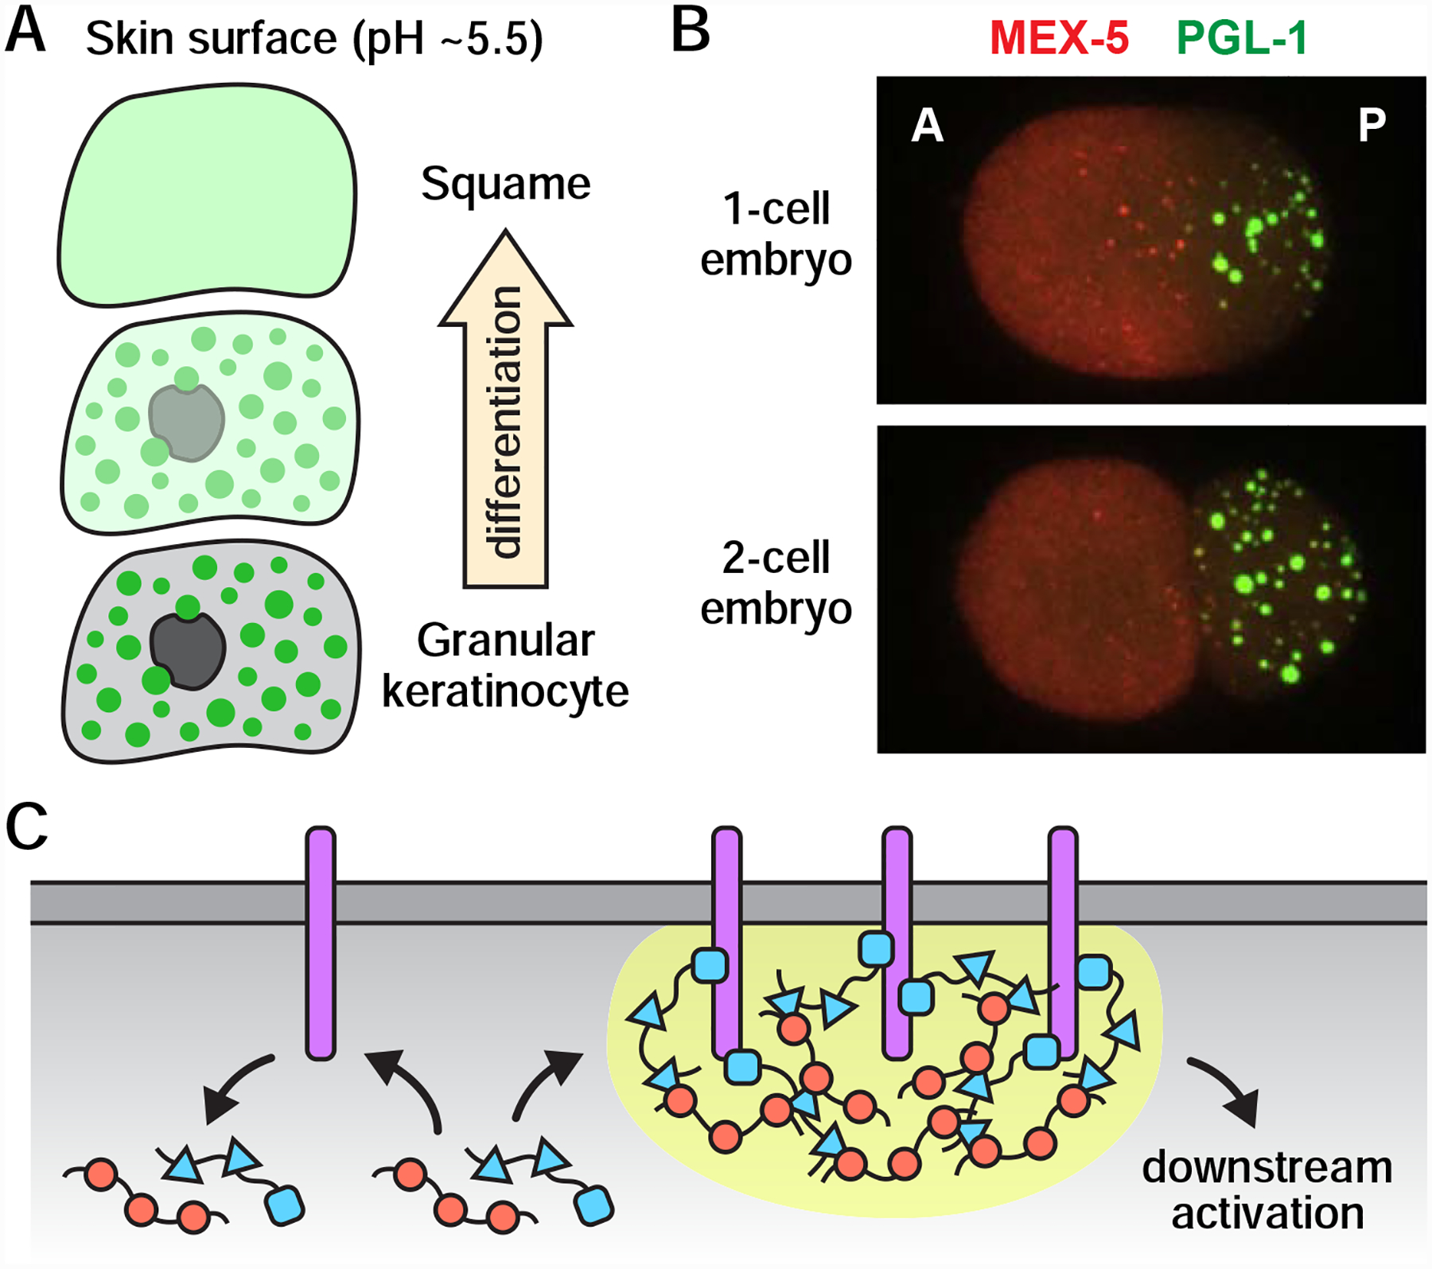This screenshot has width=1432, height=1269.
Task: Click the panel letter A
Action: (x=25, y=32)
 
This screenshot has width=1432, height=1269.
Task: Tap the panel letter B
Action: (x=691, y=32)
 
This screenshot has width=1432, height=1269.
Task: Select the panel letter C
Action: (x=27, y=827)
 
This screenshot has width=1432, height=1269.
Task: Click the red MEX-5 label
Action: (x=1059, y=37)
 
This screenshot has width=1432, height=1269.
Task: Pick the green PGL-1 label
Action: (x=1241, y=37)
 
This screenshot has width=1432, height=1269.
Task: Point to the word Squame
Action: (x=505, y=184)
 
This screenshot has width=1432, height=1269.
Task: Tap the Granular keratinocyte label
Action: (x=505, y=665)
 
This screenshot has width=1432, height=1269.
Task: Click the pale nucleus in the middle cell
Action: (x=186, y=422)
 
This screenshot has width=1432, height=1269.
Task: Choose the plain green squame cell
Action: (x=207, y=195)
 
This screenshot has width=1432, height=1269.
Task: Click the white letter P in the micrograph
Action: (x=1372, y=125)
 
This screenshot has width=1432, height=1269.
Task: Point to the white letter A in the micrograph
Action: (x=927, y=126)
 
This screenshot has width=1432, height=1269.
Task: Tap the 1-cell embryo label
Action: (x=776, y=234)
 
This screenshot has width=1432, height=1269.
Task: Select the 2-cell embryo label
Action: (x=776, y=582)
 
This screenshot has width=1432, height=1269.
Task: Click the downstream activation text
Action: (x=1267, y=1190)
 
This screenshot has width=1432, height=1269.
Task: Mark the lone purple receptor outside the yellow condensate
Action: (x=321, y=943)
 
